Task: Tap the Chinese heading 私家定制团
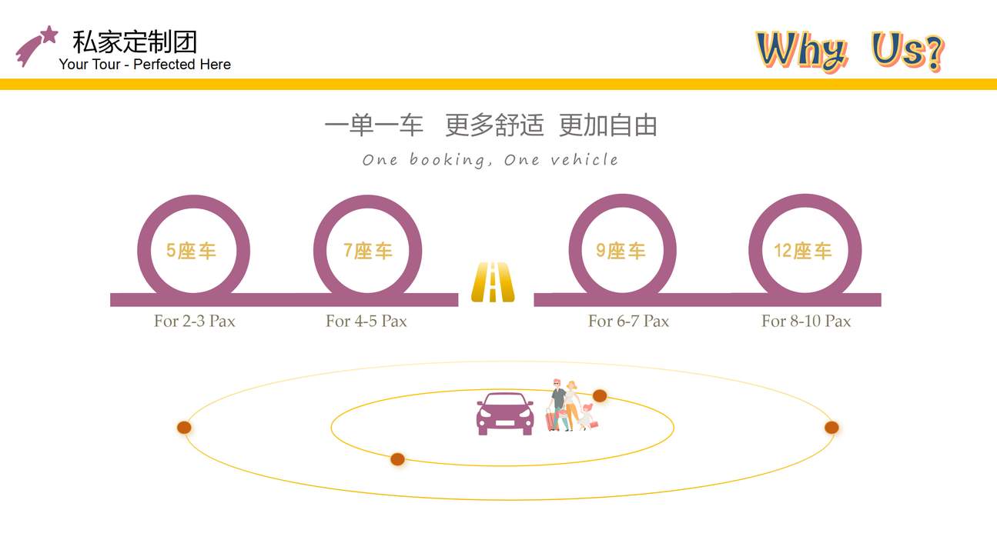click(x=135, y=42)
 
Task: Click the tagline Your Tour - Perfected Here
click(x=145, y=65)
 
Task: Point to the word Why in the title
click(x=801, y=51)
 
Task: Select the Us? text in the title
click(x=908, y=51)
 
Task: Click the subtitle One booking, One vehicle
click(x=490, y=160)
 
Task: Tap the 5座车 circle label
click(x=192, y=251)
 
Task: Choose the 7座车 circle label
click(x=368, y=251)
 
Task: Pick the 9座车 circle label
click(x=621, y=251)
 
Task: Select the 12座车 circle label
click(x=803, y=251)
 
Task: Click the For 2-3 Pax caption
click(x=195, y=321)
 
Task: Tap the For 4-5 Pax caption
click(x=366, y=321)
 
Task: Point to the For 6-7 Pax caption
click(x=628, y=321)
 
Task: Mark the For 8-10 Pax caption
click(x=806, y=321)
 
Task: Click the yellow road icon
click(x=493, y=282)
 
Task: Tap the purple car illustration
click(x=505, y=414)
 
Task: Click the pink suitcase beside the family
click(x=552, y=420)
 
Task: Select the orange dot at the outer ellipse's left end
click(x=184, y=428)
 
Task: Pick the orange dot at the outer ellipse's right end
click(x=831, y=428)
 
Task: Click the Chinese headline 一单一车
click(x=374, y=125)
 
